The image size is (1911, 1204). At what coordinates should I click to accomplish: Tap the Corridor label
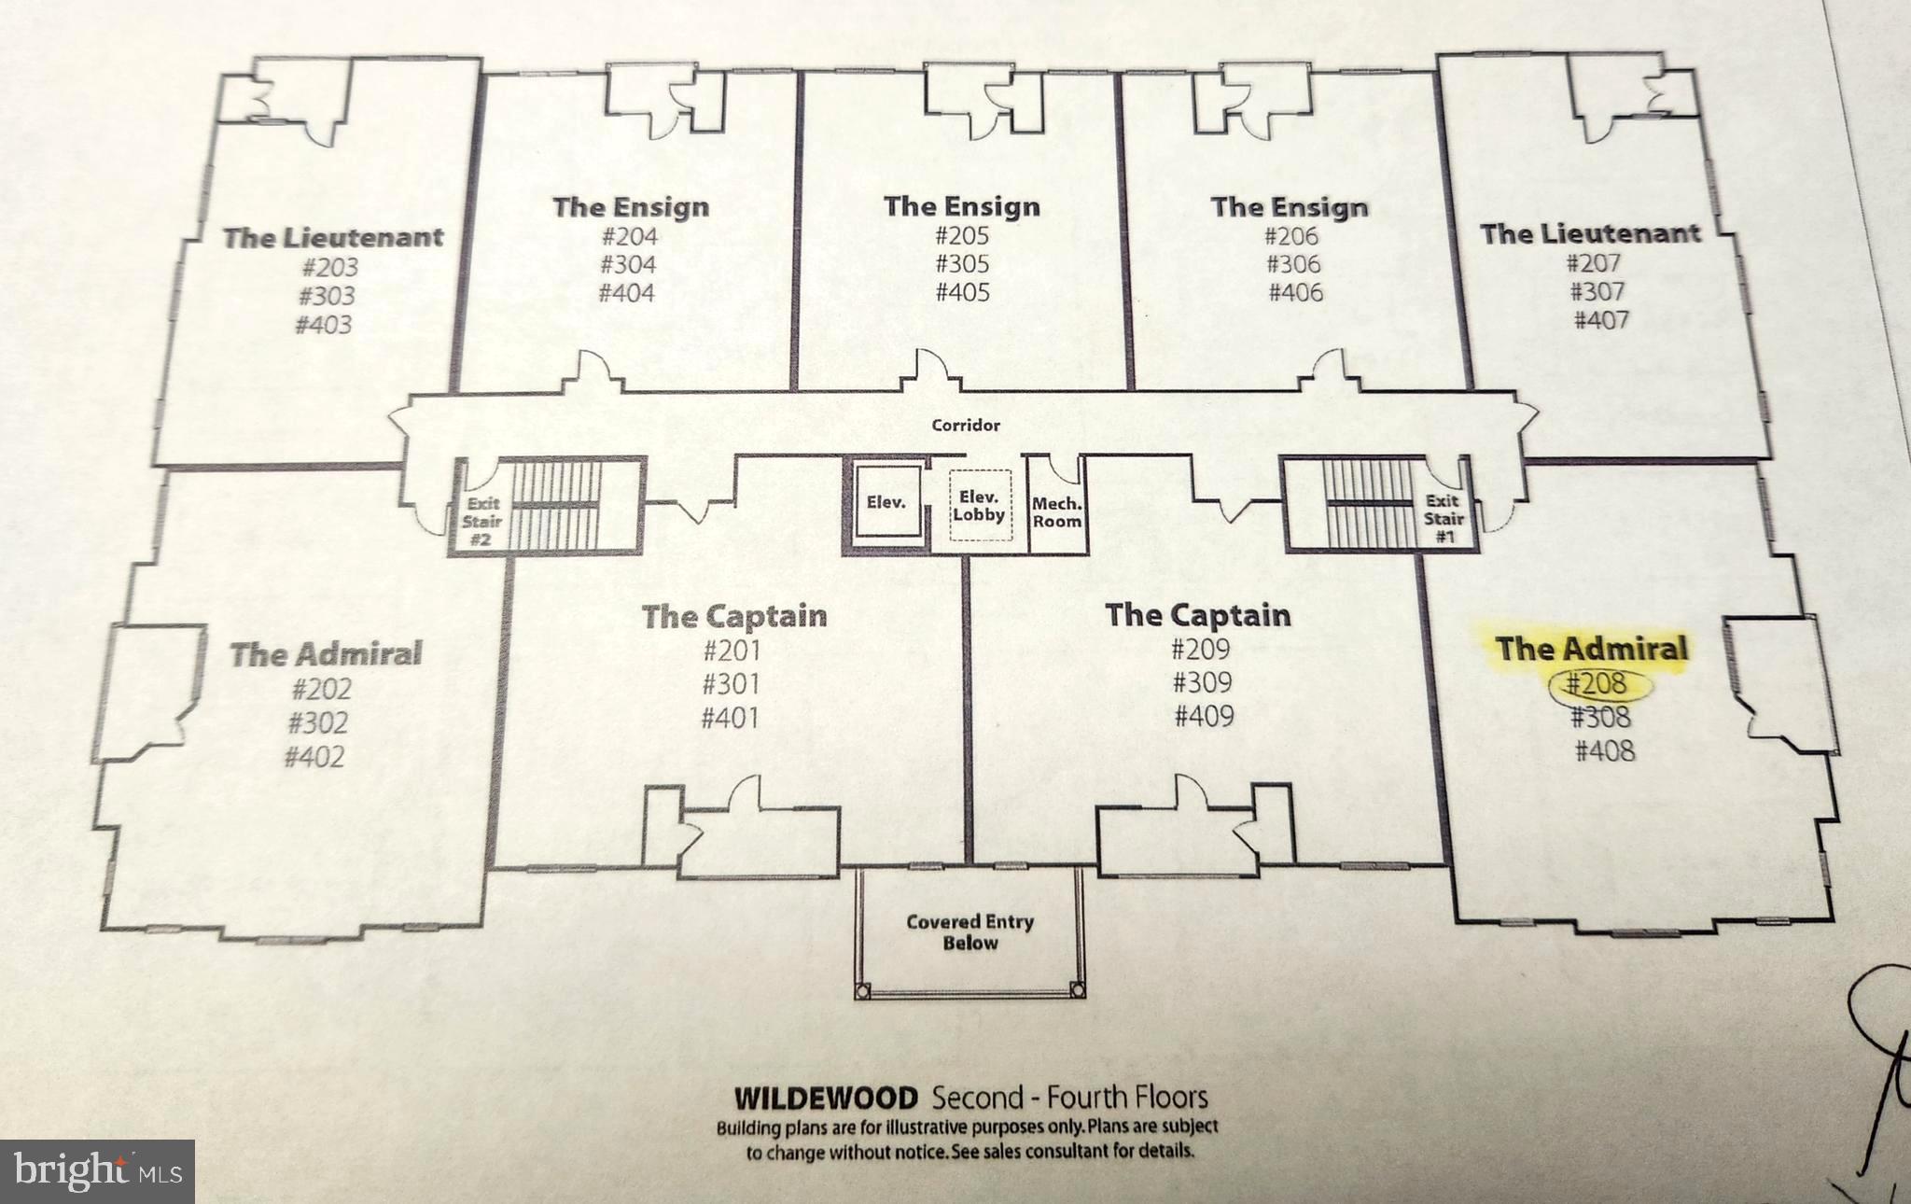[x=966, y=426]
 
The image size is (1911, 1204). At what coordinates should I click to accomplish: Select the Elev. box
[x=886, y=503]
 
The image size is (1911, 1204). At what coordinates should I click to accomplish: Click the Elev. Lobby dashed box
[x=979, y=506]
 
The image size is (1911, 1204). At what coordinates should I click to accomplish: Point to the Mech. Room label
[x=1056, y=512]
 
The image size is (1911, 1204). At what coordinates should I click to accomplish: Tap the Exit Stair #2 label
[x=481, y=521]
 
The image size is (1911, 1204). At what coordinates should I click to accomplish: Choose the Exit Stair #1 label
[x=1443, y=518]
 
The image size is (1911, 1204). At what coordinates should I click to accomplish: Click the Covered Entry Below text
[x=969, y=931]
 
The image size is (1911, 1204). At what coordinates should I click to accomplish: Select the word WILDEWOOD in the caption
[x=826, y=1098]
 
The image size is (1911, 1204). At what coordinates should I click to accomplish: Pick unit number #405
[x=962, y=292]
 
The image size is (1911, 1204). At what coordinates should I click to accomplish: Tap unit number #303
[x=327, y=297]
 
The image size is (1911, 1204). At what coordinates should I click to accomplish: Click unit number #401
[x=730, y=718]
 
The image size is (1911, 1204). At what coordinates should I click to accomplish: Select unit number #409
[x=1204, y=716]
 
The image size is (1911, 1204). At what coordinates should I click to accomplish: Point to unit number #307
[x=1597, y=291]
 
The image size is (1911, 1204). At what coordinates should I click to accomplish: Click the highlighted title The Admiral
[x=1592, y=649]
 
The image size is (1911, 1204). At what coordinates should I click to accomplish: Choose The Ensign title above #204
[x=631, y=206]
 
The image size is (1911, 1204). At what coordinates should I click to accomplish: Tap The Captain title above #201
[x=734, y=616]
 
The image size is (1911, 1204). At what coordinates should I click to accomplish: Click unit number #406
[x=1295, y=292]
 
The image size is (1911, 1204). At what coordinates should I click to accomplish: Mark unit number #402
[x=314, y=756]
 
